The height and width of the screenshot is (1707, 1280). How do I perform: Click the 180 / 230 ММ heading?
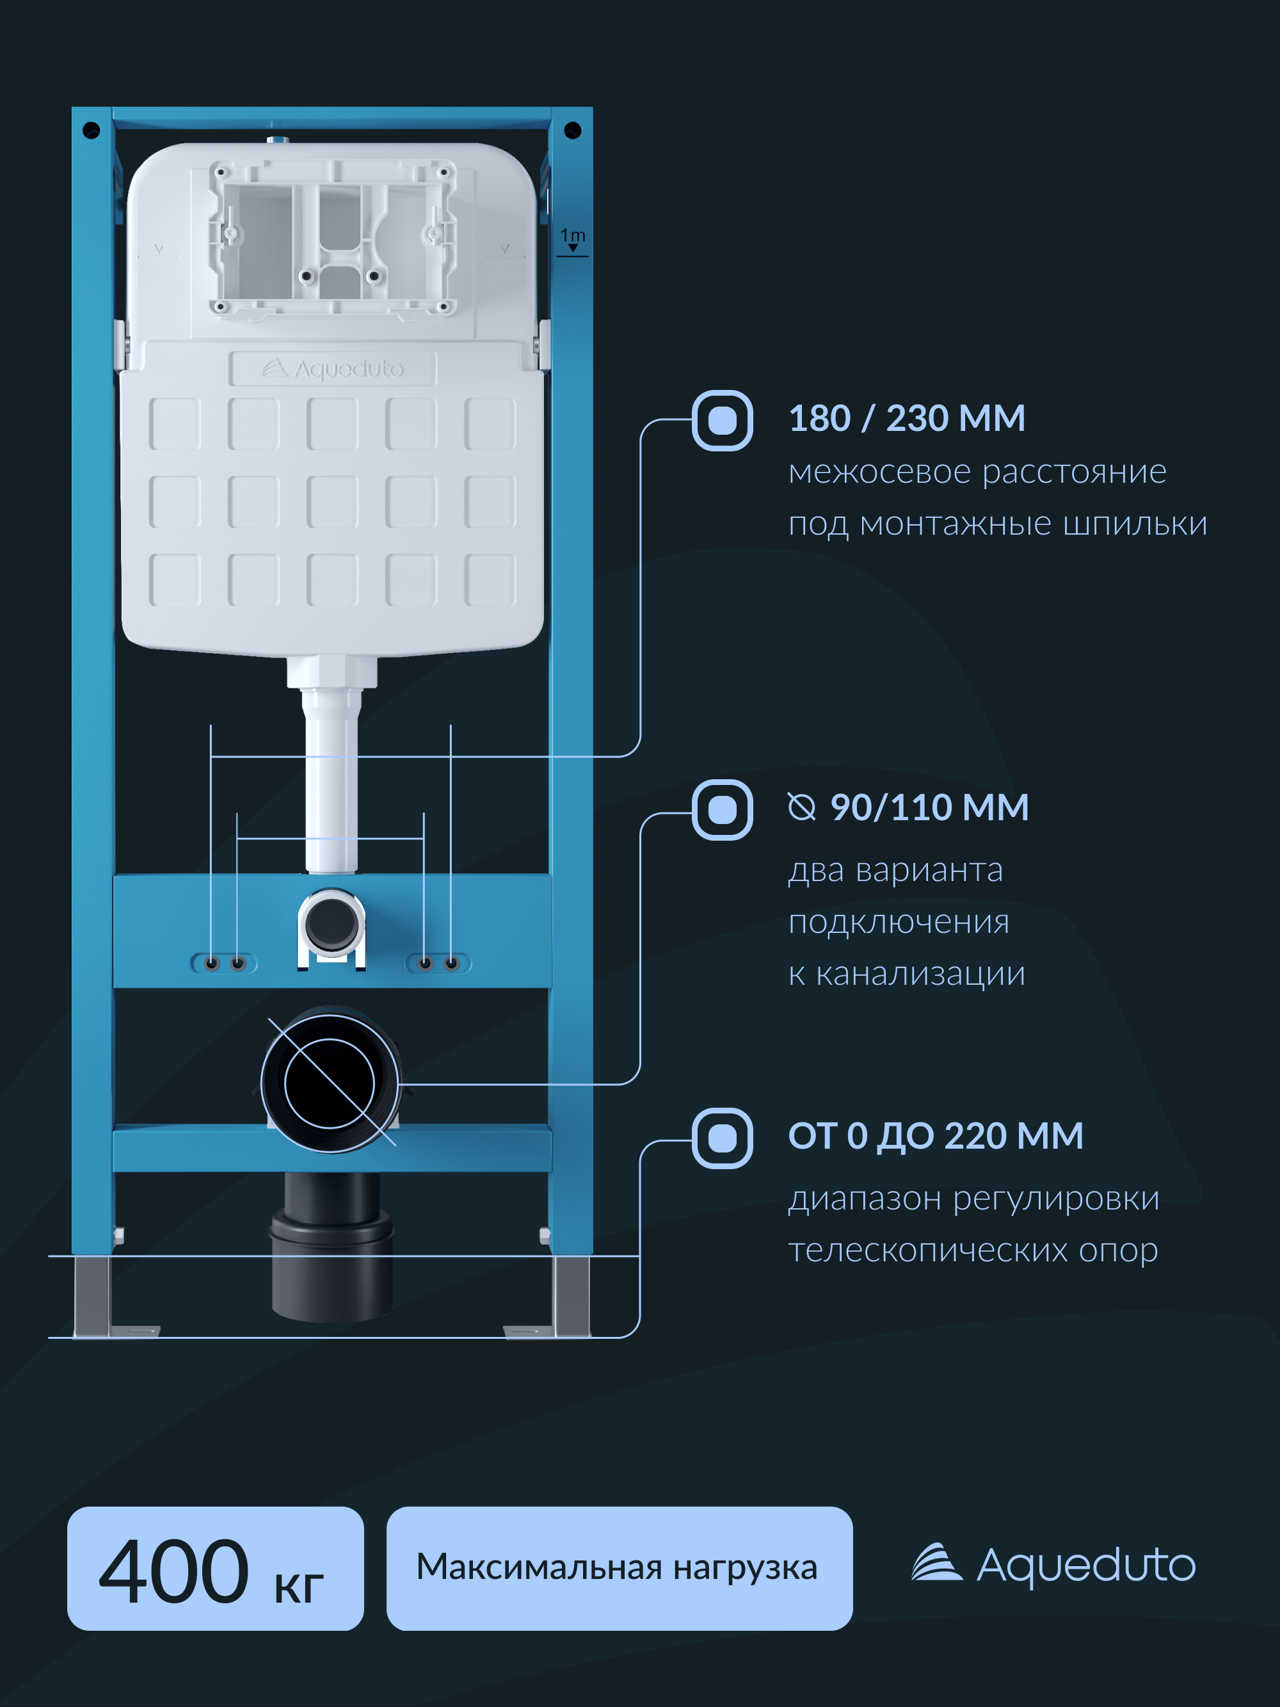907,418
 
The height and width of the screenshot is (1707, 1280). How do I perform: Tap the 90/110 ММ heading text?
929,807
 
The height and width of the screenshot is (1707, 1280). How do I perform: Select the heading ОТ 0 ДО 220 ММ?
935,1136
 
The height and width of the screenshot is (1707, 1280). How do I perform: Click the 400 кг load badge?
215,1568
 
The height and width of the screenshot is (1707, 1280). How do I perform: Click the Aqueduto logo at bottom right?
1053,1564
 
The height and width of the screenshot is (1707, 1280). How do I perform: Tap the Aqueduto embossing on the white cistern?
333,369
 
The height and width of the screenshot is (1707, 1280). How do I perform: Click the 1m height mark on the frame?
573,240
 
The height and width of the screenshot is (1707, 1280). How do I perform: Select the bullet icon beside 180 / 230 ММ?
722,421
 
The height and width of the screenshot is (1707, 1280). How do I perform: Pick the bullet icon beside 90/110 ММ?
722,809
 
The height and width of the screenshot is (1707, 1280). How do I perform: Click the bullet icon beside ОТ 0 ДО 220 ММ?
722,1138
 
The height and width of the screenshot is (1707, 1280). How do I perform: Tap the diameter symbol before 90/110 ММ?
802,807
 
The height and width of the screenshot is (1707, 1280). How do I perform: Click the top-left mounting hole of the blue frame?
91,129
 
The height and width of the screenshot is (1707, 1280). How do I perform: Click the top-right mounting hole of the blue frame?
573,129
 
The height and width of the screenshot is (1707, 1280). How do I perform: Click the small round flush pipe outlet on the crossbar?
332,923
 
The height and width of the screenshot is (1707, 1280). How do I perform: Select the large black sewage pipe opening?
330,1083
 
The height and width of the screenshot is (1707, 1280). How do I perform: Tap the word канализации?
920,974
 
